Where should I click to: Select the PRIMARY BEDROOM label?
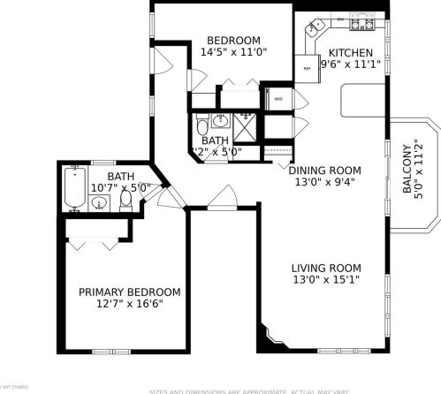(x=129, y=292)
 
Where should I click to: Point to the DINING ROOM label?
(x=326, y=170)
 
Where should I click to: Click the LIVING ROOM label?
(x=326, y=268)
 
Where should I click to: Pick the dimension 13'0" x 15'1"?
(x=326, y=279)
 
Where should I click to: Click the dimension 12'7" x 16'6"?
(x=129, y=304)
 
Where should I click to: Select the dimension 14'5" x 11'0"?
(x=233, y=52)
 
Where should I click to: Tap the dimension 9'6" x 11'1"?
(x=352, y=64)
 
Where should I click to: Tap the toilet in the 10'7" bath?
(x=126, y=201)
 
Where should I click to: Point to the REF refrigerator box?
(x=307, y=68)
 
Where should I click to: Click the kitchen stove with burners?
(x=362, y=24)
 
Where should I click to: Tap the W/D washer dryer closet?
(x=278, y=98)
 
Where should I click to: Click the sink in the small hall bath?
(x=222, y=121)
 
